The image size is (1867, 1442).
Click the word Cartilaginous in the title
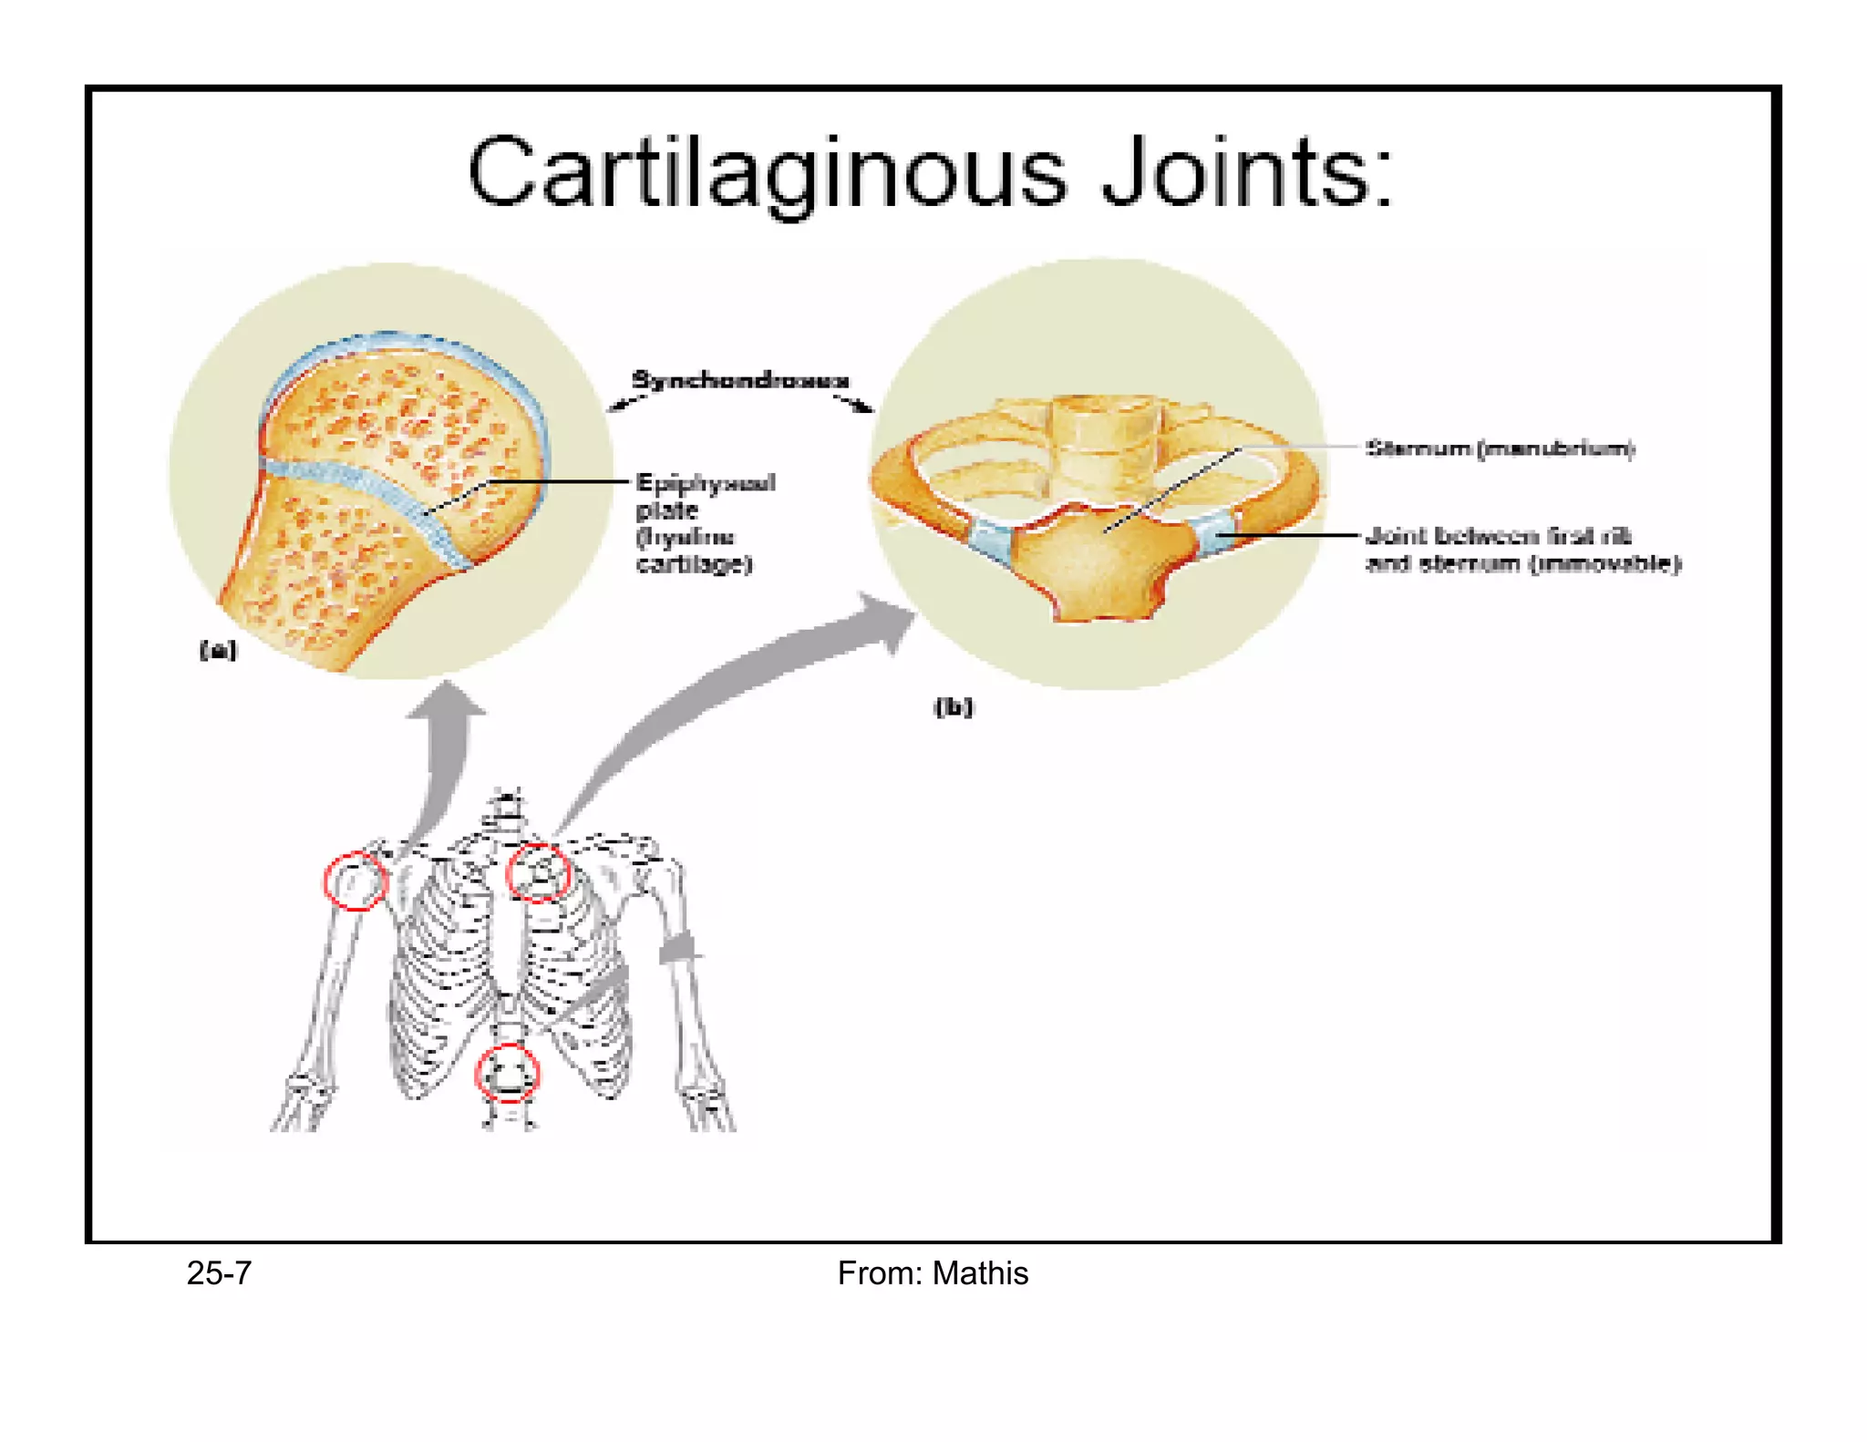click(766, 173)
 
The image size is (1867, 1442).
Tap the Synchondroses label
click(739, 379)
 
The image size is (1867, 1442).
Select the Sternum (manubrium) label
click(1500, 448)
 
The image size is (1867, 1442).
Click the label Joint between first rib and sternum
click(1522, 549)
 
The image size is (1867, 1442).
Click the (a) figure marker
click(218, 650)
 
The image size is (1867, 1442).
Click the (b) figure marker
click(954, 707)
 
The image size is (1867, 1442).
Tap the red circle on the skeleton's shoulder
click(356, 881)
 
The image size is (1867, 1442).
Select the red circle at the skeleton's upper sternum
click(539, 872)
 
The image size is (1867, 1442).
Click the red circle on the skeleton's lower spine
click(508, 1073)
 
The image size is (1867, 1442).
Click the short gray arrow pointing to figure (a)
click(446, 747)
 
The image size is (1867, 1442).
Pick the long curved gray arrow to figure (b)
click(729, 693)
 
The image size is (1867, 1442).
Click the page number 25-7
click(219, 1272)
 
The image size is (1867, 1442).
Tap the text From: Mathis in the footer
click(932, 1272)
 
